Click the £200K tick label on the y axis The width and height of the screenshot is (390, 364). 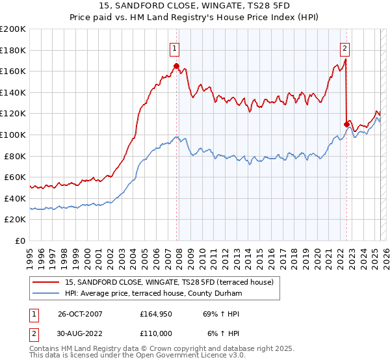pyautogui.click(x=13, y=29)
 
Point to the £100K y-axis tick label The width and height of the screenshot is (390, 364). pyautogui.click(x=13, y=135)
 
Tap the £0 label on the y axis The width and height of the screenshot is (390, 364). pyautogui.click(x=21, y=240)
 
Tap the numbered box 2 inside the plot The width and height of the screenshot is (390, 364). pyautogui.click(x=344, y=47)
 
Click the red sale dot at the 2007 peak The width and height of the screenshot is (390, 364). pyautogui.click(x=176, y=66)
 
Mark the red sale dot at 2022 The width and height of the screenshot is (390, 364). pyautogui.click(x=346, y=123)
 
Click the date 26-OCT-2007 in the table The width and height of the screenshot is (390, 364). pyautogui.click(x=80, y=313)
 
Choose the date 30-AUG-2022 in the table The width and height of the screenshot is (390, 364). pyautogui.click(x=80, y=333)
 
